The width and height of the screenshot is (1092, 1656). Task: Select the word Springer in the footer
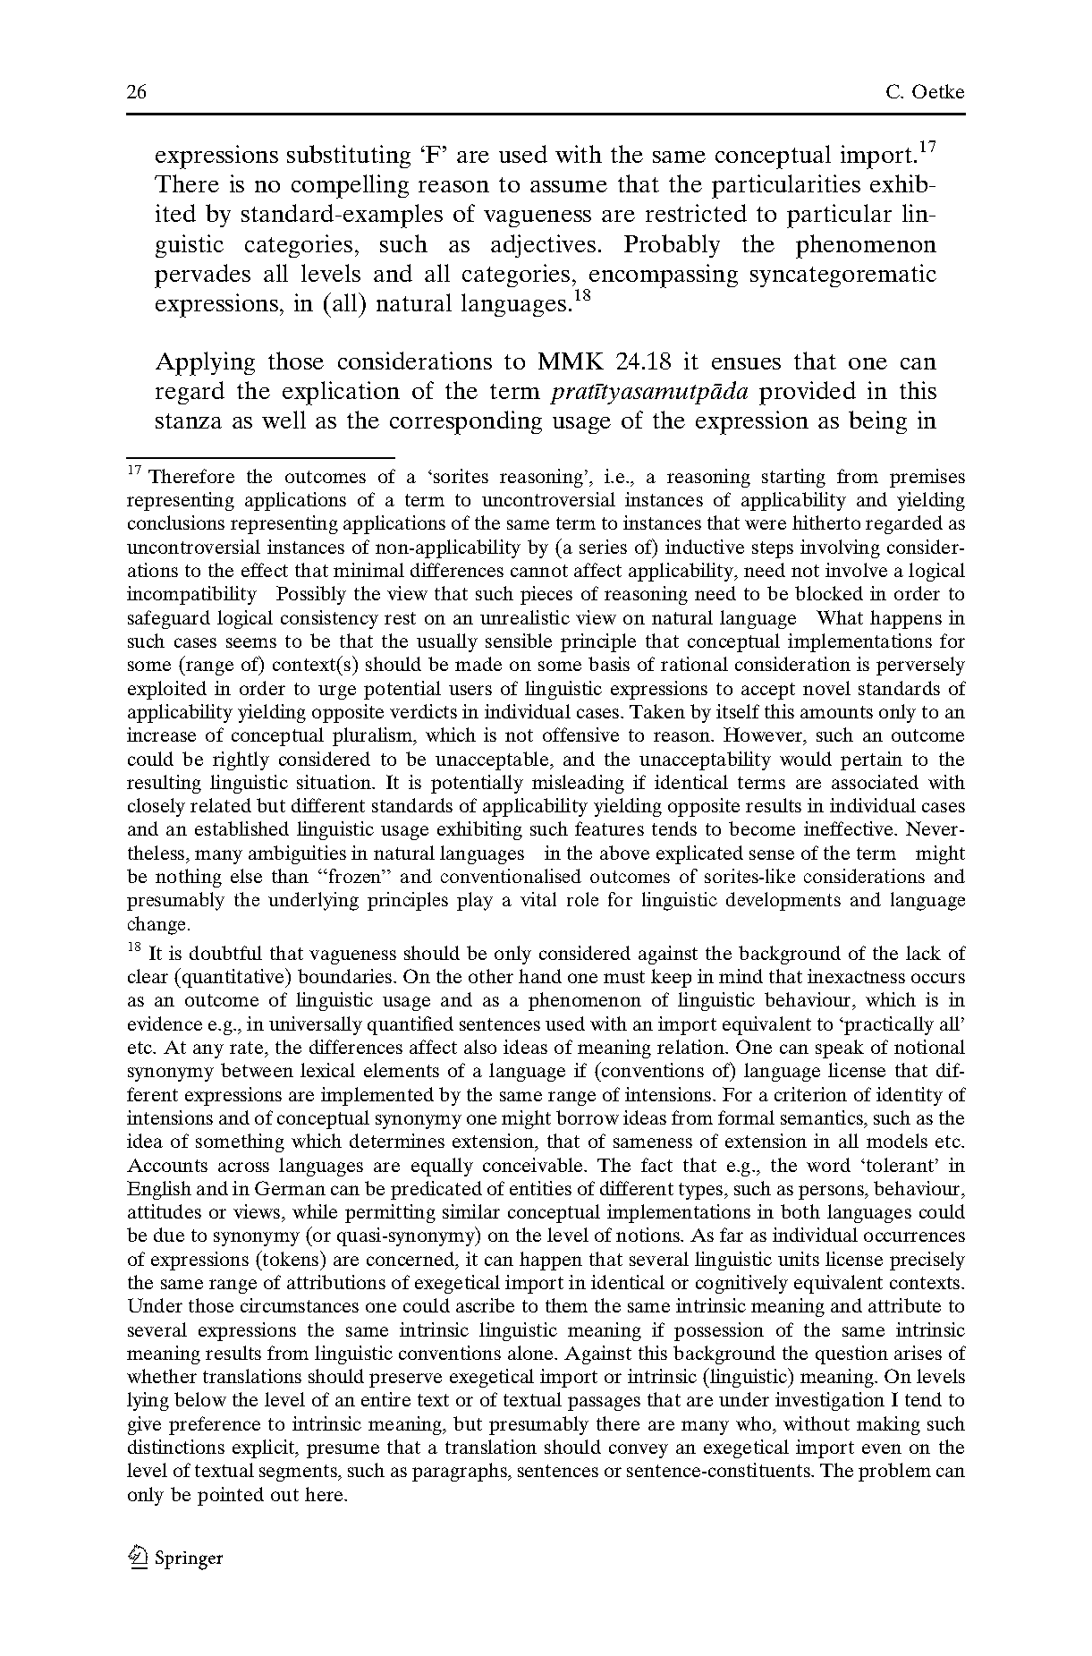coord(189,1558)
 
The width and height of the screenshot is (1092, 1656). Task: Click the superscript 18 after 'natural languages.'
coord(581,294)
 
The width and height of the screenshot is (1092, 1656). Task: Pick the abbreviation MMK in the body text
coord(571,362)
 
